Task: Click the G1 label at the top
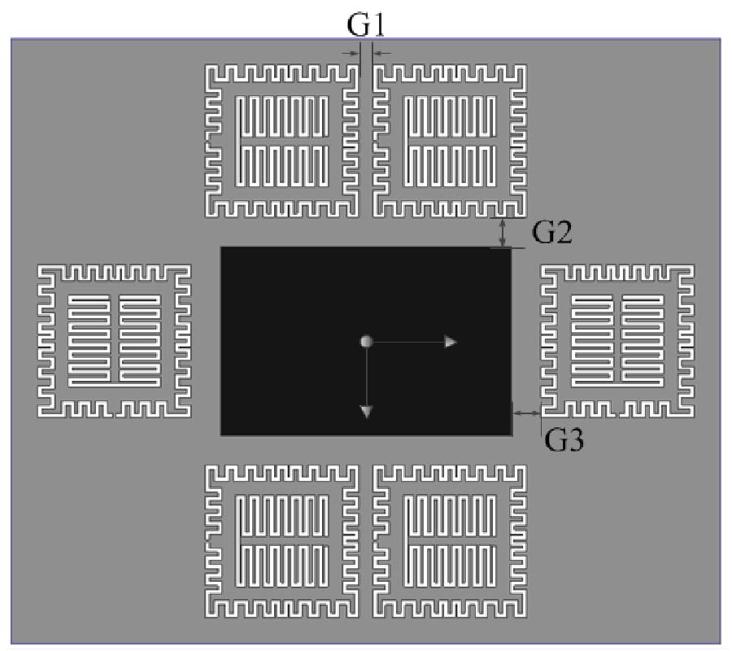366,24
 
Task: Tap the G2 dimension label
551,232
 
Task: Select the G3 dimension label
564,439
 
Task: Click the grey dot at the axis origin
367,342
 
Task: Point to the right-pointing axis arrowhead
450,342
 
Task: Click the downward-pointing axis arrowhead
367,412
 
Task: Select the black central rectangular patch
366,341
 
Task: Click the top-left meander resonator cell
207,140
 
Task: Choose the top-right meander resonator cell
525,140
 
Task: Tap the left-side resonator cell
39,341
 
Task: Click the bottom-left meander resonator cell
207,542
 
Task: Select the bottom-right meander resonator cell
525,542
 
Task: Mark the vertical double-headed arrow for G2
503,233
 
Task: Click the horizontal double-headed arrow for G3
526,413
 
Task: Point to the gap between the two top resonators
366,140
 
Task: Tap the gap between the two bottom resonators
366,542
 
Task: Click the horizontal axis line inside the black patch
408,342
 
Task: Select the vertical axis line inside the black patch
367,377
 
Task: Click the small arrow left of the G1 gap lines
350,53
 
